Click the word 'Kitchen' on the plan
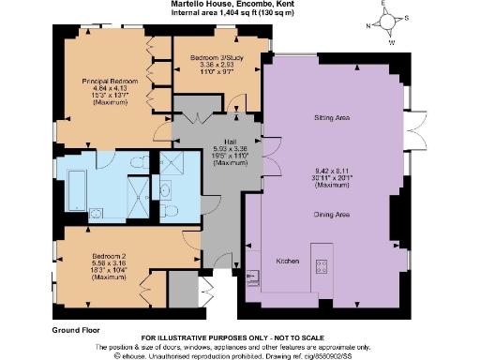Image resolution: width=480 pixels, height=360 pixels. (287, 260)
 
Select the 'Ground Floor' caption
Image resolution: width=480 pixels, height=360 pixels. (77, 330)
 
